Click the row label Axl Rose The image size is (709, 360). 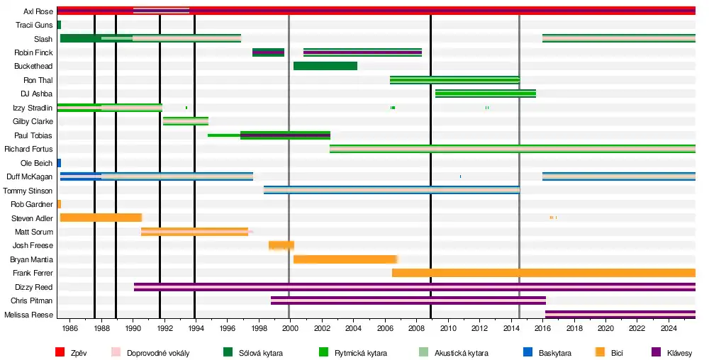tap(38, 11)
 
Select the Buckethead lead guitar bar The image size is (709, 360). tap(325, 66)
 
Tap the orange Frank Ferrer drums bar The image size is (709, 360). tap(543, 273)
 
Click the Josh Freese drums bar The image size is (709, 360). tap(281, 245)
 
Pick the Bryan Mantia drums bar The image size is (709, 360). tap(345, 259)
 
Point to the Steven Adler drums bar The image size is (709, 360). tap(101, 218)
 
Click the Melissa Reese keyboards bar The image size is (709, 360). tap(620, 315)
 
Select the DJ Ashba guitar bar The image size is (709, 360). tap(485, 94)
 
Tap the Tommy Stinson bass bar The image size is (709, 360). tap(391, 190)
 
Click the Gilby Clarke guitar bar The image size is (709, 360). tap(186, 121)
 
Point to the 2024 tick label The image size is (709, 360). tap(669, 329)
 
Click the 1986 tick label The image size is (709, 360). tap(69, 329)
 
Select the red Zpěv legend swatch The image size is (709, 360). tap(60, 352)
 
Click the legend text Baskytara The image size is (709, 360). tap(555, 352)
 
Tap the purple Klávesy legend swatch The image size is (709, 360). tap(656, 352)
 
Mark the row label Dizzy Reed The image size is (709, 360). tap(33, 287)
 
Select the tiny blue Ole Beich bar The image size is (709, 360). tap(59, 163)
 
